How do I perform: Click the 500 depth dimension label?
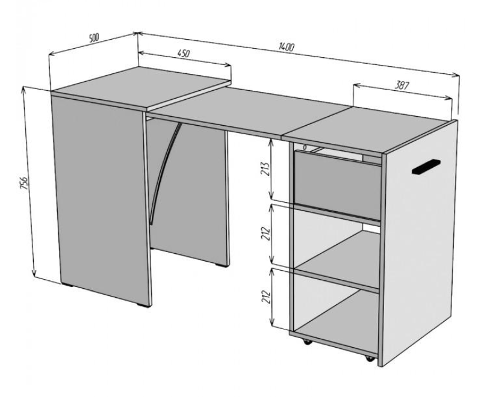[x=94, y=38]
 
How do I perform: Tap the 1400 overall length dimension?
[x=287, y=47]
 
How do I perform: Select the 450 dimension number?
[x=183, y=53]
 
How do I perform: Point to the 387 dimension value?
[x=402, y=85]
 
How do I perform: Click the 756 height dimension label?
[x=24, y=183]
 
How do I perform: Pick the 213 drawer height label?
[x=265, y=169]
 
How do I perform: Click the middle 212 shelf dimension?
[x=266, y=233]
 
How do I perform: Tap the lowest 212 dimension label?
[x=266, y=297]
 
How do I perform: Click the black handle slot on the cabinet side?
[x=426, y=167]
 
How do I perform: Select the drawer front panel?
[x=337, y=185]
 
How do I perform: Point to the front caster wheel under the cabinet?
[x=369, y=359]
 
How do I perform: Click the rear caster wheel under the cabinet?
[x=306, y=342]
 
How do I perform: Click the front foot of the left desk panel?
[x=144, y=305]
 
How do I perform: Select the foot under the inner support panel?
[x=222, y=265]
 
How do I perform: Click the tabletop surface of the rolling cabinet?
[x=368, y=129]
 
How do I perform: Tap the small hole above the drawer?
[x=305, y=147]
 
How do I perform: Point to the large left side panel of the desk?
[x=101, y=199]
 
